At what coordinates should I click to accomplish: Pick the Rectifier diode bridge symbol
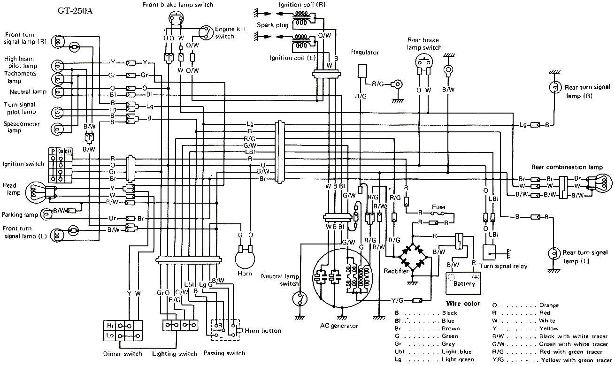click(412, 257)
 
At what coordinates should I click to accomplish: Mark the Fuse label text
click(438, 206)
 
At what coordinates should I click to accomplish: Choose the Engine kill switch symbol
click(205, 31)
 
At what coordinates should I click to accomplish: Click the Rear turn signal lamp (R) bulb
click(554, 87)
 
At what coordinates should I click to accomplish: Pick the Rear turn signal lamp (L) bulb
click(554, 254)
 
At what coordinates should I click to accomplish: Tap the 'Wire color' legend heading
click(462, 304)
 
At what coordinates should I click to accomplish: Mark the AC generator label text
click(339, 326)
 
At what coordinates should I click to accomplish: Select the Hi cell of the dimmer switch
click(110, 325)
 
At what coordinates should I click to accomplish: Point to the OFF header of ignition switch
click(68, 151)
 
